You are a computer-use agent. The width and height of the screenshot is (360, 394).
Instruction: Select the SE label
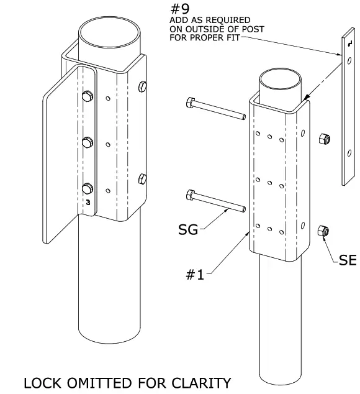348,260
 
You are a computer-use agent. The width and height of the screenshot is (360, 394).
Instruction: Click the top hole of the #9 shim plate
349,61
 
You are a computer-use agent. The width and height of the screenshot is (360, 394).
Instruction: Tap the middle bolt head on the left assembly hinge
87,142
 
